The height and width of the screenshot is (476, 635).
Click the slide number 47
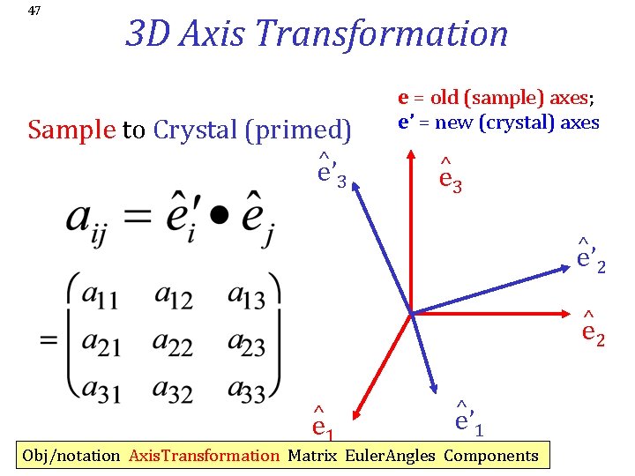[x=34, y=11]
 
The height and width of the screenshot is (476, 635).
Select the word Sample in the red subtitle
[x=71, y=130]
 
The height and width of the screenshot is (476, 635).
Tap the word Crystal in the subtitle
[x=197, y=130]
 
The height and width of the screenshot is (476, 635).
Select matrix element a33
[x=246, y=389]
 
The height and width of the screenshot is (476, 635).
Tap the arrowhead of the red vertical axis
[x=411, y=153]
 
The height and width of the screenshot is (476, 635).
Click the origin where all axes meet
[x=411, y=311]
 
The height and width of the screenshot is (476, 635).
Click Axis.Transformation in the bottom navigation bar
[x=203, y=456]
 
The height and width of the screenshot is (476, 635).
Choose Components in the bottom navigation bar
[x=490, y=456]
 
